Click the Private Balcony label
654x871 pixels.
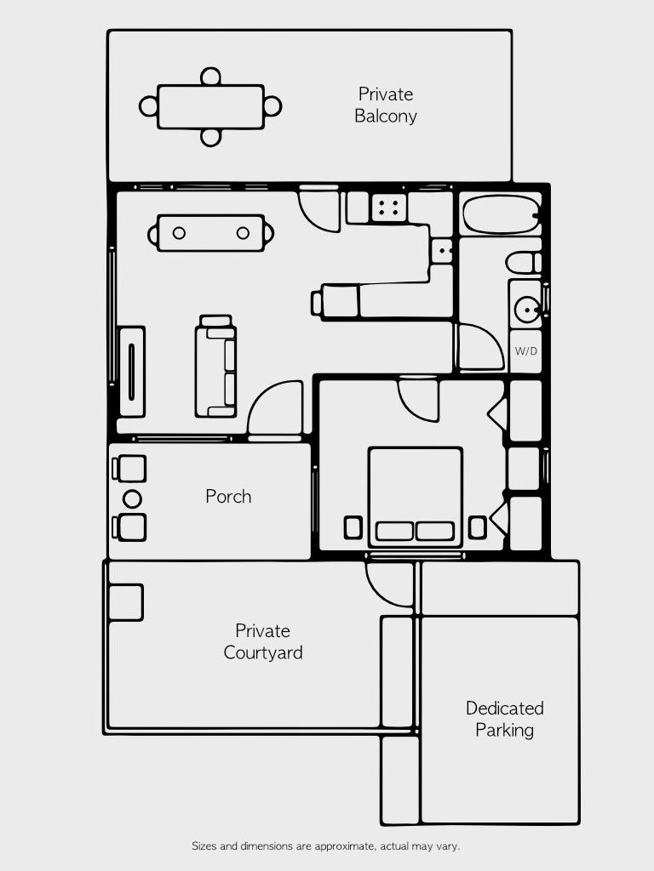click(386, 105)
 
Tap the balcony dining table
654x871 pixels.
click(211, 106)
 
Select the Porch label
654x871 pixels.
click(228, 496)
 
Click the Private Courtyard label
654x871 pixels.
click(263, 642)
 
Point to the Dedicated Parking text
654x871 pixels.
click(504, 719)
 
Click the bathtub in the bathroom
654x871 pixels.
click(500, 215)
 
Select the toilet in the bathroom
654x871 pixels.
click(523, 261)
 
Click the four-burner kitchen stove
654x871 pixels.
click(390, 206)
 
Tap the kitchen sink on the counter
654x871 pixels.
click(442, 250)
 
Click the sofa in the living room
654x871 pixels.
click(216, 366)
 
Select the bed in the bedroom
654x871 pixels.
click(416, 497)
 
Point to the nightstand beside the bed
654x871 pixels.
click(353, 527)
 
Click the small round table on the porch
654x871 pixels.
click(132, 498)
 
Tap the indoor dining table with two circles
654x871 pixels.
click(211, 233)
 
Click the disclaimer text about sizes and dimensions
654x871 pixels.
click(326, 846)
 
